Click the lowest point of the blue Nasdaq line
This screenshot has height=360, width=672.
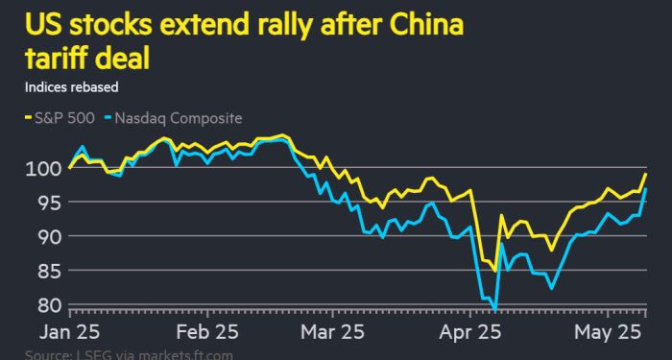click(495, 308)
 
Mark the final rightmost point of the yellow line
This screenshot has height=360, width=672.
click(646, 175)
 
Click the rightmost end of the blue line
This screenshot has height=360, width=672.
click(646, 189)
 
